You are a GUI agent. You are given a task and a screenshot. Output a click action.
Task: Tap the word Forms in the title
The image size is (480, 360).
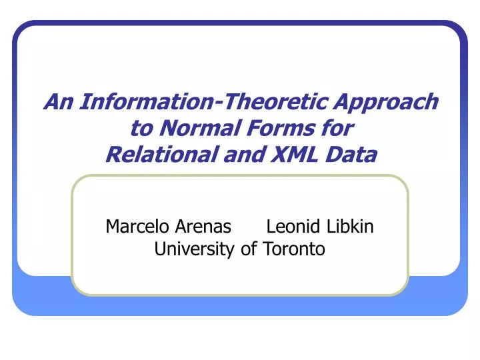(x=275, y=129)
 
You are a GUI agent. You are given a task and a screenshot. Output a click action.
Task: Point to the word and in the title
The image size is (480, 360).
(x=233, y=155)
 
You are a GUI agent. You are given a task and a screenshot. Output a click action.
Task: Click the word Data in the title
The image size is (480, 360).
(x=351, y=155)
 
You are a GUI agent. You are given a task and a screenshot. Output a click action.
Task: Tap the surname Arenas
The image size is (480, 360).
(x=203, y=227)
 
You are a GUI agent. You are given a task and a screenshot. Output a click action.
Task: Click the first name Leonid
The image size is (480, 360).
(x=294, y=227)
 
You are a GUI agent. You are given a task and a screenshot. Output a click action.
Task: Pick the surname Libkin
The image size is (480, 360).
(x=350, y=227)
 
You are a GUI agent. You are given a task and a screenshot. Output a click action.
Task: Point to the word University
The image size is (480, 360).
(x=193, y=250)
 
